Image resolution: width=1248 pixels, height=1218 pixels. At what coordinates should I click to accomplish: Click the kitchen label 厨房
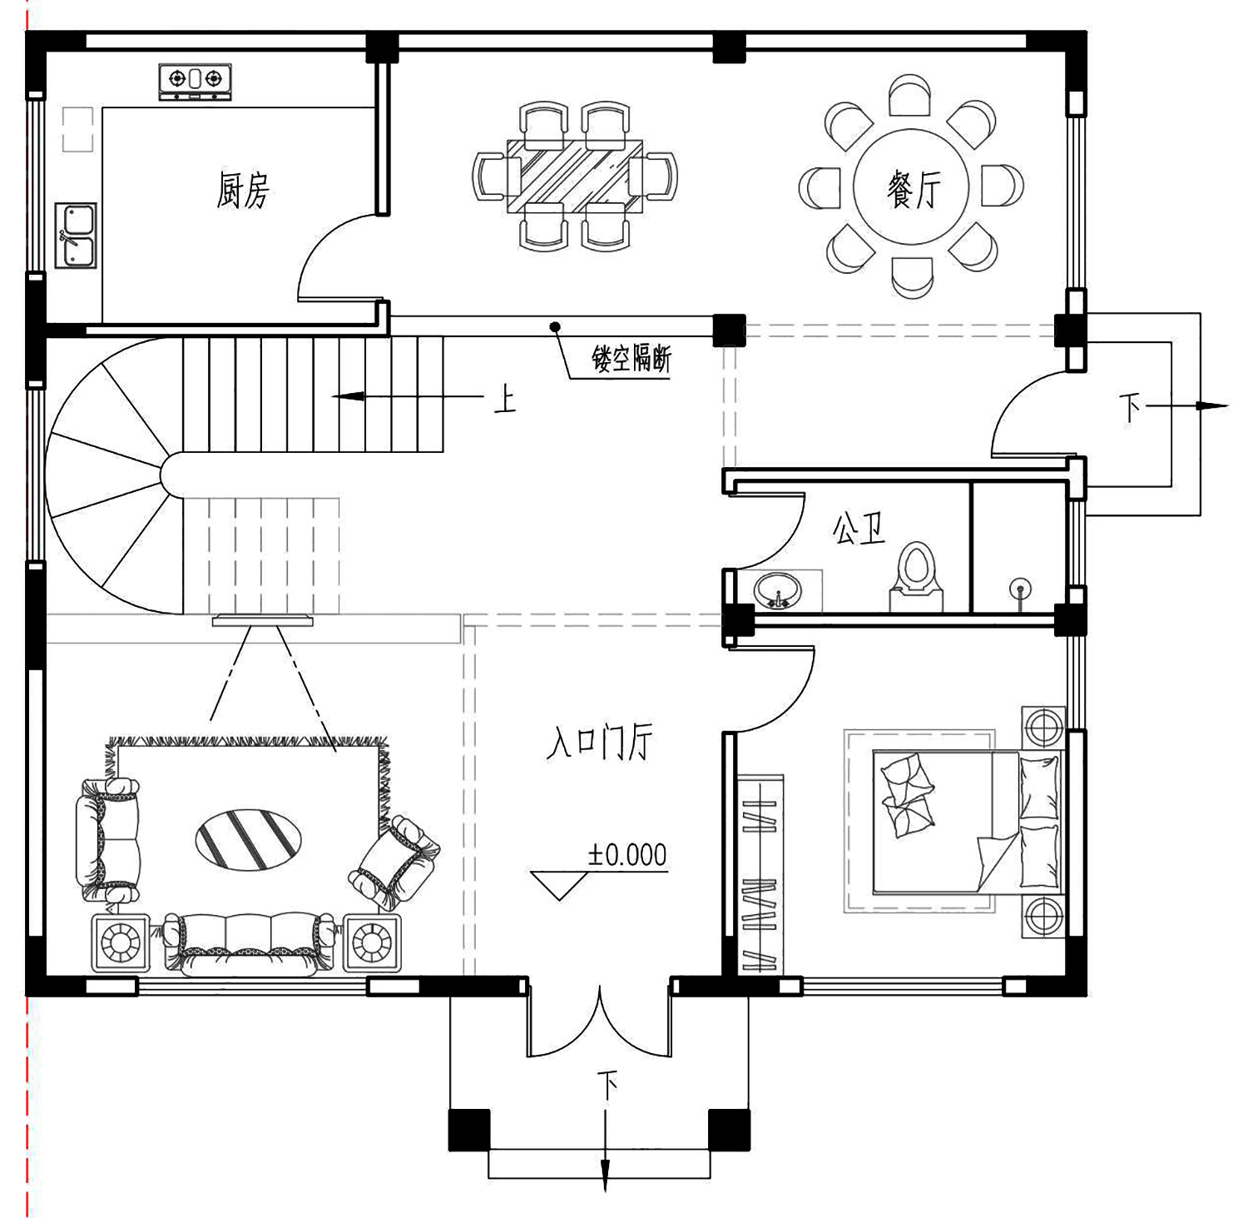[243, 190]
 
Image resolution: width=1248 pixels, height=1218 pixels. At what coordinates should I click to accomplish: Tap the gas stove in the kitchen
[195, 82]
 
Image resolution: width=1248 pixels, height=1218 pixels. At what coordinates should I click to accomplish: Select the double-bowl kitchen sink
[76, 236]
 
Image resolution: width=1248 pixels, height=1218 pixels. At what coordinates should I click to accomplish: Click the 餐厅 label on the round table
[914, 189]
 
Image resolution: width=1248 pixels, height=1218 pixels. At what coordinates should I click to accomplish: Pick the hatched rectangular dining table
[574, 176]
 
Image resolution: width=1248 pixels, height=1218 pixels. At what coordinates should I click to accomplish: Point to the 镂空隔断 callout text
[631, 359]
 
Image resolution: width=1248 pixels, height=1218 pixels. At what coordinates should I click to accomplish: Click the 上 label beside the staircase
[505, 399]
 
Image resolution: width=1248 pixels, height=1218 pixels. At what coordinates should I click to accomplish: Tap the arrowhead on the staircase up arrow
[349, 396]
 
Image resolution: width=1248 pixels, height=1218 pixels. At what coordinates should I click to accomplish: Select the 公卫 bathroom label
[859, 528]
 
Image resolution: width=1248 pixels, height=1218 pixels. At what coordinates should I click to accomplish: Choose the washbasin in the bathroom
[779, 590]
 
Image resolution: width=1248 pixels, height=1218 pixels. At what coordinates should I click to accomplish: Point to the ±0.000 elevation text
[627, 855]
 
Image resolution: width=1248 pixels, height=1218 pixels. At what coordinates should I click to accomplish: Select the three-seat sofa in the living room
[250, 944]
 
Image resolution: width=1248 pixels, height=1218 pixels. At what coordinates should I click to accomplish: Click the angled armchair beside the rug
[394, 863]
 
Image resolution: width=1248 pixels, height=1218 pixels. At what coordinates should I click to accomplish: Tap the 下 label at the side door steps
[1131, 408]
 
